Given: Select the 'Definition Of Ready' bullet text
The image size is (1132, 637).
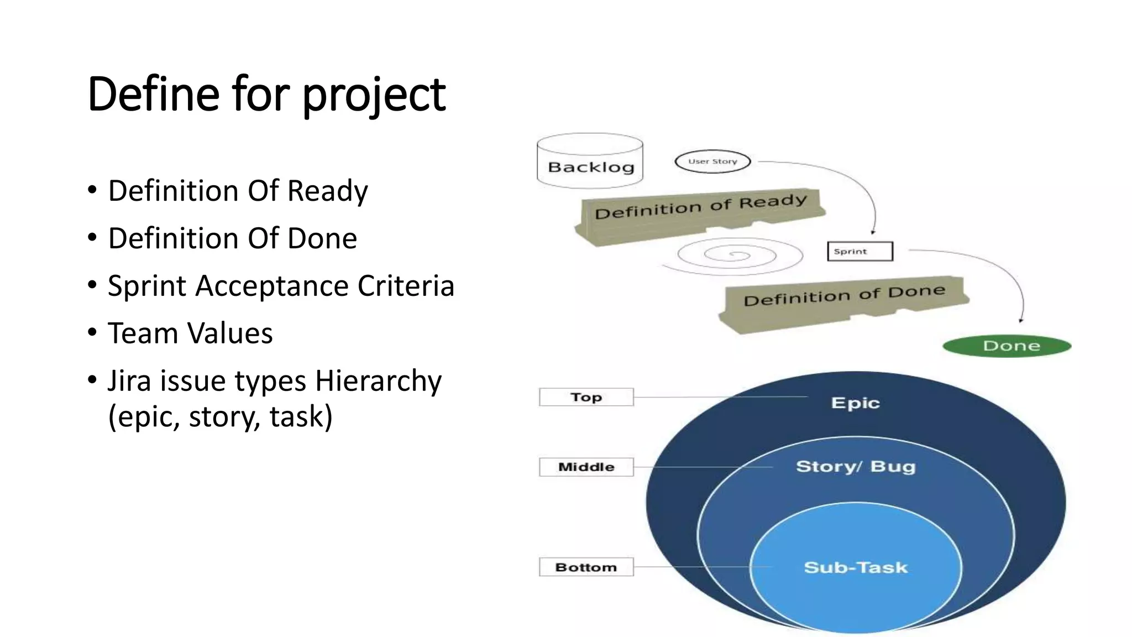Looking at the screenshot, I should click(x=238, y=191).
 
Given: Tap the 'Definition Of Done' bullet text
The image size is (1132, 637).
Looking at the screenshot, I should click(x=232, y=239).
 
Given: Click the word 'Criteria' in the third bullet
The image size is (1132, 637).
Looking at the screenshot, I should click(x=406, y=286).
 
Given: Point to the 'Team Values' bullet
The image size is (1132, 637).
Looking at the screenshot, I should click(x=190, y=333).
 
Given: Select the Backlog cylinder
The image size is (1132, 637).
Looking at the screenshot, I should click(x=590, y=161).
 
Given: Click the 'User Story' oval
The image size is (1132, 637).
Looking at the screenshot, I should click(x=712, y=161).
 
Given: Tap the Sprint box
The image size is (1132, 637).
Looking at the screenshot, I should click(x=860, y=252).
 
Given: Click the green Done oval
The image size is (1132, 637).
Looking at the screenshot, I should click(x=1007, y=346).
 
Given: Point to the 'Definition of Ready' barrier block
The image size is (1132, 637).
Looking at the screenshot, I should click(x=700, y=213).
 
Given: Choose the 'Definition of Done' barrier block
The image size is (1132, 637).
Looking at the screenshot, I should click(x=843, y=301).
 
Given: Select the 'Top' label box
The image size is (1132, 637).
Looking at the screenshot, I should click(x=586, y=397).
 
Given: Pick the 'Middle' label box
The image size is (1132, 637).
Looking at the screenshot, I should click(x=586, y=467).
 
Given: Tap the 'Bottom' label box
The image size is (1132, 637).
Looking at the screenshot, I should click(x=586, y=567).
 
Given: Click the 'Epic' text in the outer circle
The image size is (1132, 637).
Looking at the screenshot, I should click(x=855, y=403).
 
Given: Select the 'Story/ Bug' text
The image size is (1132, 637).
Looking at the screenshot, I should click(x=855, y=467).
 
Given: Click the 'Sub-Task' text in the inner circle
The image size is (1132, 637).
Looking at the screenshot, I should click(x=855, y=567).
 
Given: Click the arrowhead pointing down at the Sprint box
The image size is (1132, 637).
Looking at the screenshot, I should click(x=873, y=232).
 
